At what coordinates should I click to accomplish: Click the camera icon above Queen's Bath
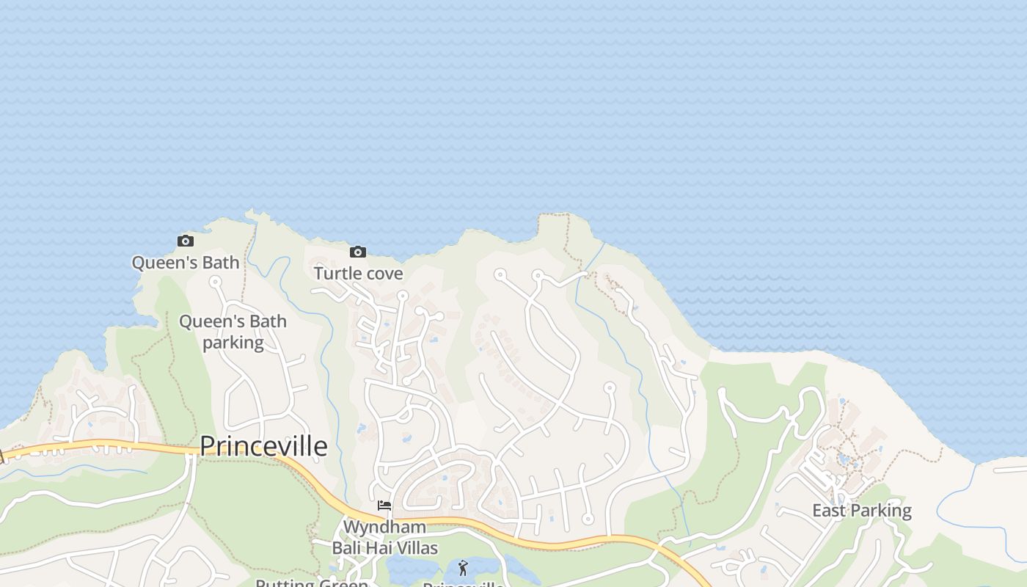tap(186, 241)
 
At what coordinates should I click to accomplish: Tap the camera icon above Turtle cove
tap(357, 252)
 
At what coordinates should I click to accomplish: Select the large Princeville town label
tap(263, 446)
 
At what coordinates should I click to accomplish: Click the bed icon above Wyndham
tap(384, 506)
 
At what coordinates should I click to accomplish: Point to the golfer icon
tap(462, 567)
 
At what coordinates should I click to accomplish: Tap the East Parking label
tap(861, 511)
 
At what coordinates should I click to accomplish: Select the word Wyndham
tap(384, 528)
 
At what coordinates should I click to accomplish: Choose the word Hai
tap(379, 548)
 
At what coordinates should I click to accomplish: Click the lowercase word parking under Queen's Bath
tap(233, 343)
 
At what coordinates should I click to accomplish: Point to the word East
tap(829, 511)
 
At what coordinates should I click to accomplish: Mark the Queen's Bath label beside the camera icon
tap(186, 263)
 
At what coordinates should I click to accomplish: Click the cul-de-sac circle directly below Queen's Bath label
tap(215, 281)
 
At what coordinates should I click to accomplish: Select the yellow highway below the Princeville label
tap(308, 478)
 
